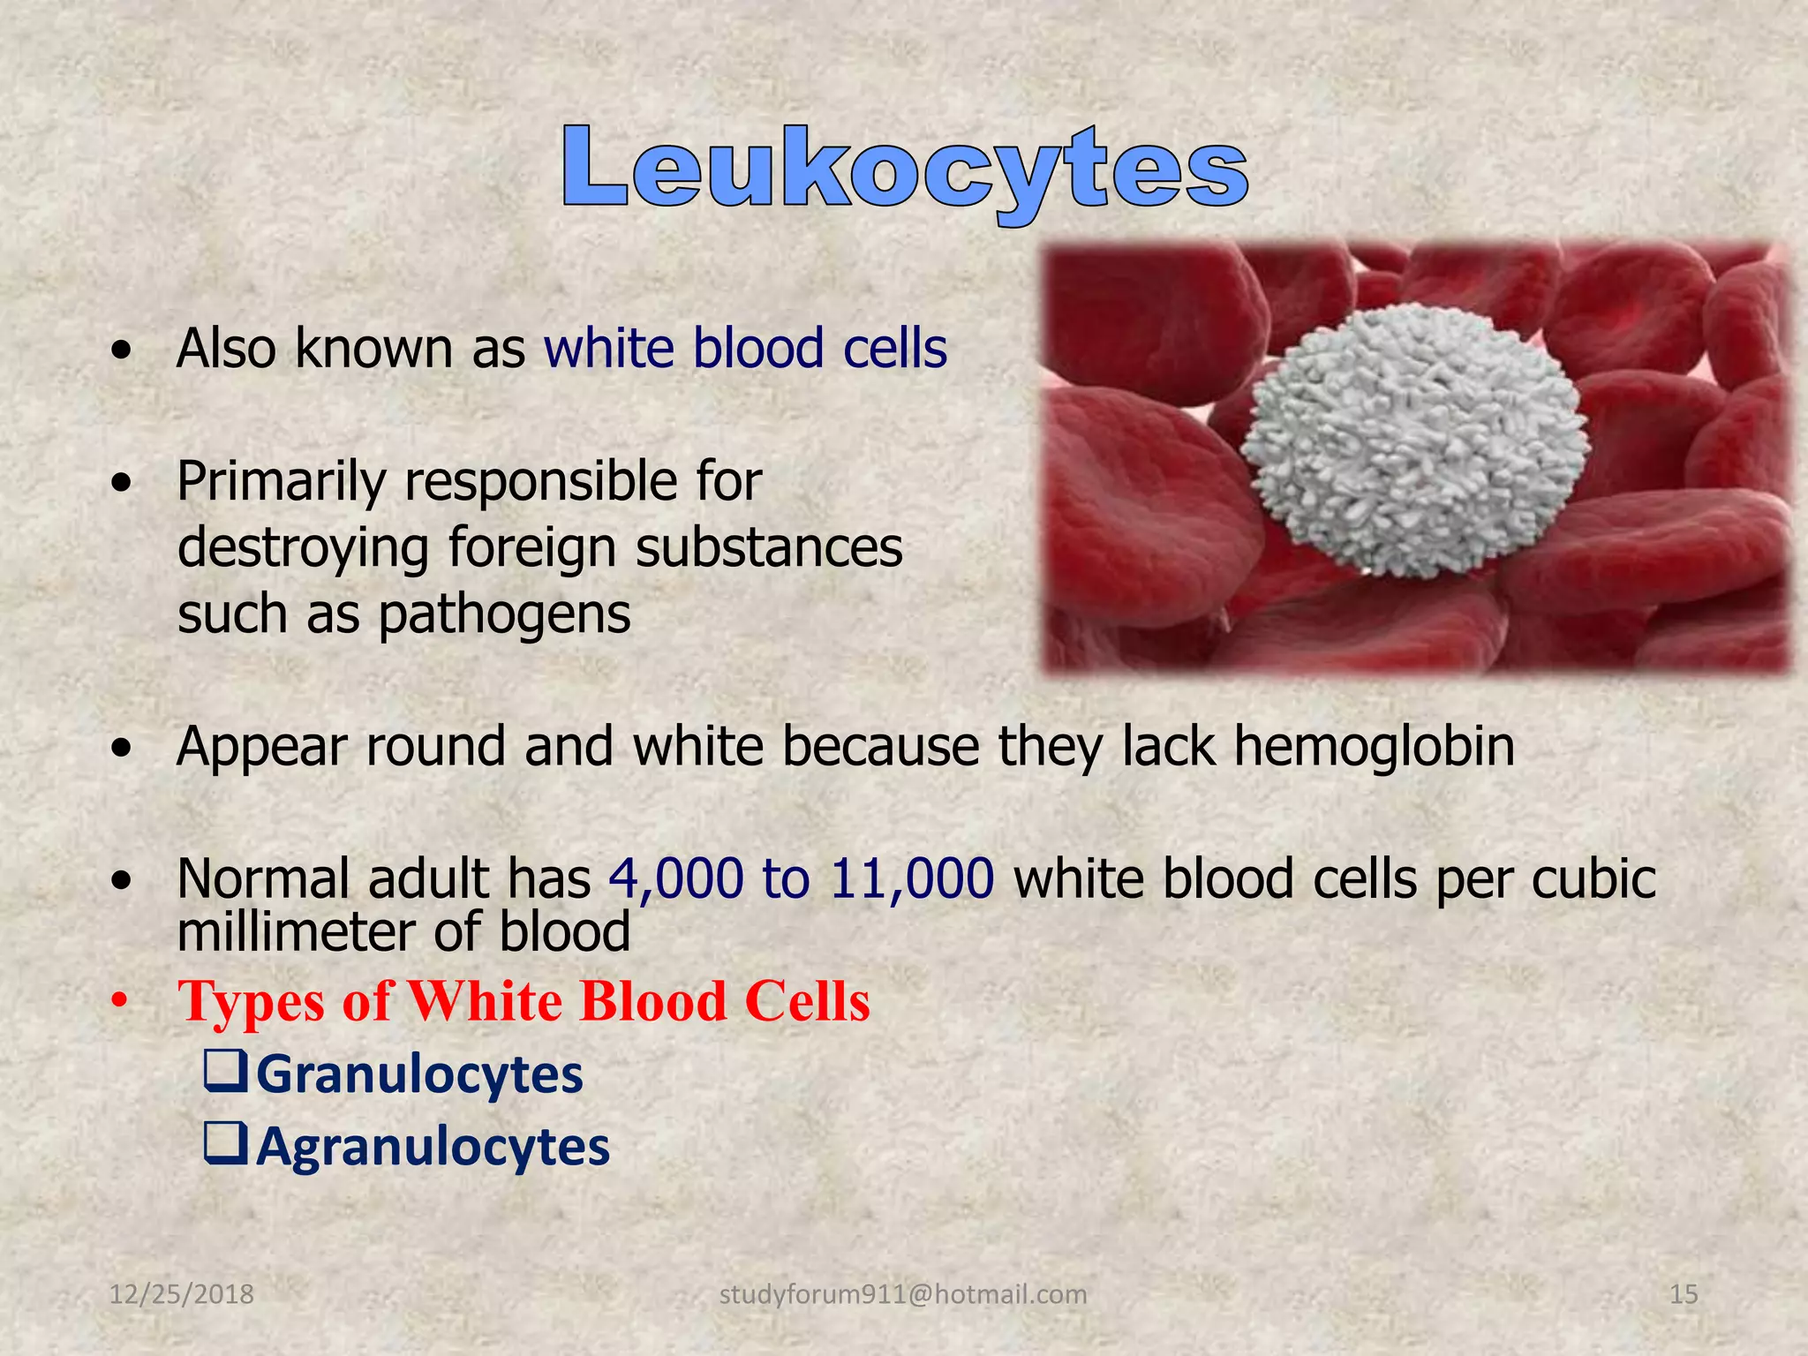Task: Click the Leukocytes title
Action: [904, 169]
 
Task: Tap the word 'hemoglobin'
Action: [1374, 747]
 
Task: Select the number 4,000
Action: [676, 879]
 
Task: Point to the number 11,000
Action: [912, 879]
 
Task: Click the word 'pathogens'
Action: [504, 615]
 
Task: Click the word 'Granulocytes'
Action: [419, 1075]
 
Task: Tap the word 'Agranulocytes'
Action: [433, 1147]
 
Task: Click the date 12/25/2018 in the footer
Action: [181, 1294]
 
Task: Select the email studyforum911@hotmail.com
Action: [903, 1294]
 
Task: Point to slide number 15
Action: [1684, 1294]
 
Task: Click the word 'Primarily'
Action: [281, 482]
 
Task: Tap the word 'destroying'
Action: [303, 548]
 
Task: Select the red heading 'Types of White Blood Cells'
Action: [524, 1002]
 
